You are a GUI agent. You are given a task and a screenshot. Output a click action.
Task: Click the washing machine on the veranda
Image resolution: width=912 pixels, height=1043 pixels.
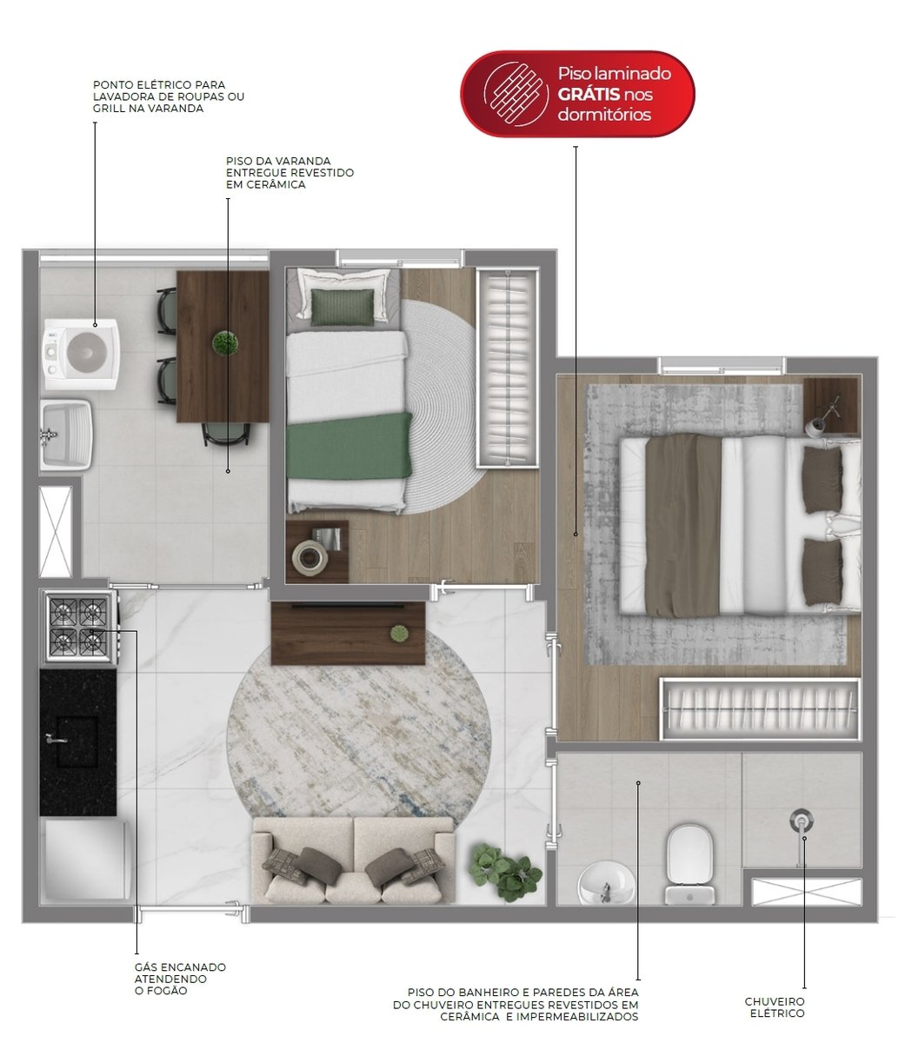click(82, 354)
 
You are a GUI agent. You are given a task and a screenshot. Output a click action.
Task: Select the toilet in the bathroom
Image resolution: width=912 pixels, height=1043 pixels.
click(689, 865)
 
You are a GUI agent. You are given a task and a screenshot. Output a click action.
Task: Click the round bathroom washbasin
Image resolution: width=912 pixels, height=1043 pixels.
click(606, 883)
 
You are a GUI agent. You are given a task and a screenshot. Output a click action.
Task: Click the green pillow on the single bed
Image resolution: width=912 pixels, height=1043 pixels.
click(342, 307)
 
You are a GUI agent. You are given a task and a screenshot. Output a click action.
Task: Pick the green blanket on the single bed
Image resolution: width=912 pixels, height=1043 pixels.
click(349, 447)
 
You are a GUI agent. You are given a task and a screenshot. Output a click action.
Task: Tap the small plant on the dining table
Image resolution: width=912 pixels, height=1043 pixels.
click(225, 342)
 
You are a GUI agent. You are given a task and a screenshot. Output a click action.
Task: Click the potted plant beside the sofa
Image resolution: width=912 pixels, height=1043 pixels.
click(504, 870)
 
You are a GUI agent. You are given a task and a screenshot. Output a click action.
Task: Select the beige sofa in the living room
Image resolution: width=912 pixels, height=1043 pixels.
click(354, 860)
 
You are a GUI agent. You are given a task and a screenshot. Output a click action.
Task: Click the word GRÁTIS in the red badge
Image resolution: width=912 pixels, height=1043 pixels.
click(589, 95)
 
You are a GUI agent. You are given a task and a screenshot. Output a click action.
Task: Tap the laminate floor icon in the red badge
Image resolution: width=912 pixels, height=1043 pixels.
click(516, 95)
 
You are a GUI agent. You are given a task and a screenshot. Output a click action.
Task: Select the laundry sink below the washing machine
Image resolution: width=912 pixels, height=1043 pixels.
click(66, 435)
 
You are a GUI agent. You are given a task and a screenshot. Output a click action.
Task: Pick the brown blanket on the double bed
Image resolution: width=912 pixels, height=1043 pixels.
click(683, 525)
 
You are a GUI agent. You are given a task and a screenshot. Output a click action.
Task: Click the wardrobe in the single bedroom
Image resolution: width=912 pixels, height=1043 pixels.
click(507, 368)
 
